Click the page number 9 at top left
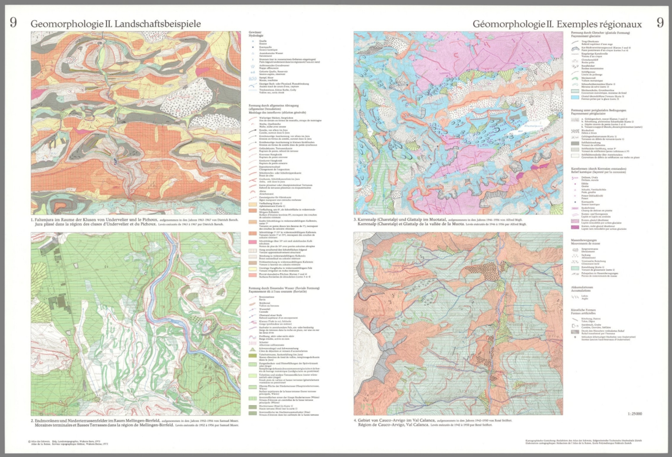click(x=13, y=23)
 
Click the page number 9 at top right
click(x=660, y=23)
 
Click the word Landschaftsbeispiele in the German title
click(x=157, y=24)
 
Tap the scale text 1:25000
click(x=634, y=413)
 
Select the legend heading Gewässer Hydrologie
click(x=255, y=34)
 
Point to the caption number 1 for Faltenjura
click(x=32, y=220)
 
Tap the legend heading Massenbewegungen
click(x=584, y=240)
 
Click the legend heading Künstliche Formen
click(x=583, y=311)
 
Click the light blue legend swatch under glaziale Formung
click(x=575, y=97)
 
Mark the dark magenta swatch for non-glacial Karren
click(x=575, y=227)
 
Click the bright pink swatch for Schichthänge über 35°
click(x=252, y=242)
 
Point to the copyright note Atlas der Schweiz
click(x=39, y=442)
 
